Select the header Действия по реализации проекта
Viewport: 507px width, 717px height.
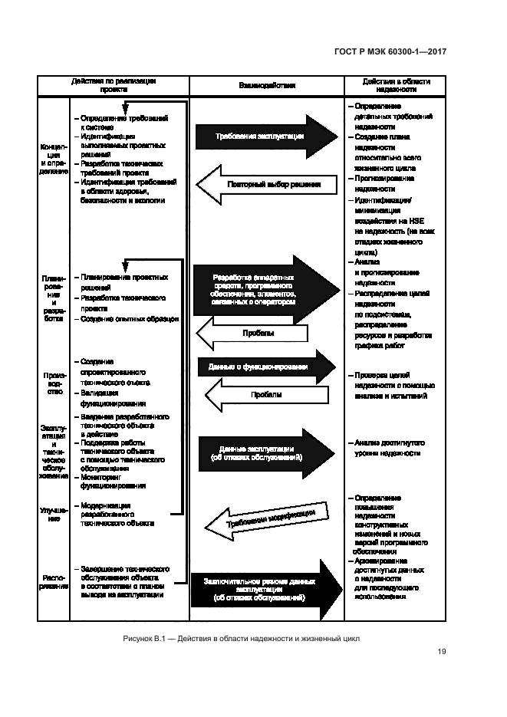[114, 85]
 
